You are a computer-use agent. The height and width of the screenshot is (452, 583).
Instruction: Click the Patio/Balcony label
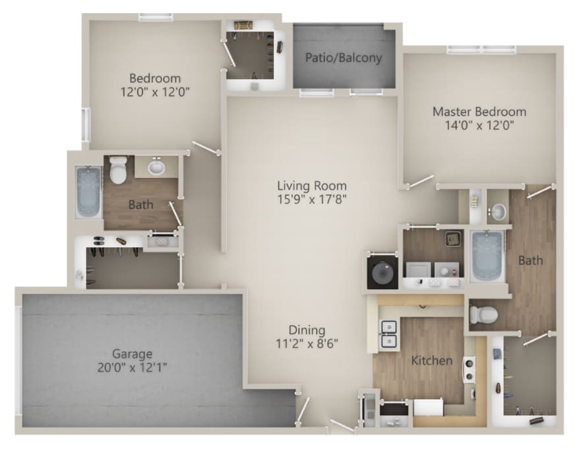point(344,57)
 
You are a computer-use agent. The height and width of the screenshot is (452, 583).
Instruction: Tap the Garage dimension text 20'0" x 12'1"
point(132,368)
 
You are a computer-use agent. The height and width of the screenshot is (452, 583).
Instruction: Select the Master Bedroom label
point(479,111)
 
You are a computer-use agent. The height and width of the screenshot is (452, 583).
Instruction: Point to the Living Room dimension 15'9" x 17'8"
point(312,200)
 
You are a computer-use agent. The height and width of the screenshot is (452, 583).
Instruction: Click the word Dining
point(307,330)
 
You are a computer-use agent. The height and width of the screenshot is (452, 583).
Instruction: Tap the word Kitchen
point(432,360)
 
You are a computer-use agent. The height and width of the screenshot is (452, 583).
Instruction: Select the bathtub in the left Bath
point(88,192)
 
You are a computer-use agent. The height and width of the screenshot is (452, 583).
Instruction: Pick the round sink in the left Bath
point(156,167)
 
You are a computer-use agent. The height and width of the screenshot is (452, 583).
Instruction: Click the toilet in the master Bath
point(483,315)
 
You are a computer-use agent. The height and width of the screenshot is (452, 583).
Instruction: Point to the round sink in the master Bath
point(497,212)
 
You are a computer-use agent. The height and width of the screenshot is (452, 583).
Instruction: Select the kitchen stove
point(468,370)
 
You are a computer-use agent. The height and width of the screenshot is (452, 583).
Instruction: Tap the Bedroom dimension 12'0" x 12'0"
point(155,92)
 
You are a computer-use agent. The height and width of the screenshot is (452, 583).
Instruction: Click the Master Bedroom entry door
point(421,181)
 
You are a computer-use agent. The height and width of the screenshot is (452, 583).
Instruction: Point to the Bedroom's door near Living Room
point(205,148)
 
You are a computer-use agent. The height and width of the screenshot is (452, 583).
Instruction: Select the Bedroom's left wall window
point(86,125)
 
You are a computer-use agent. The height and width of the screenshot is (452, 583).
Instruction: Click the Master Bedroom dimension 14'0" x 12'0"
point(479,125)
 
